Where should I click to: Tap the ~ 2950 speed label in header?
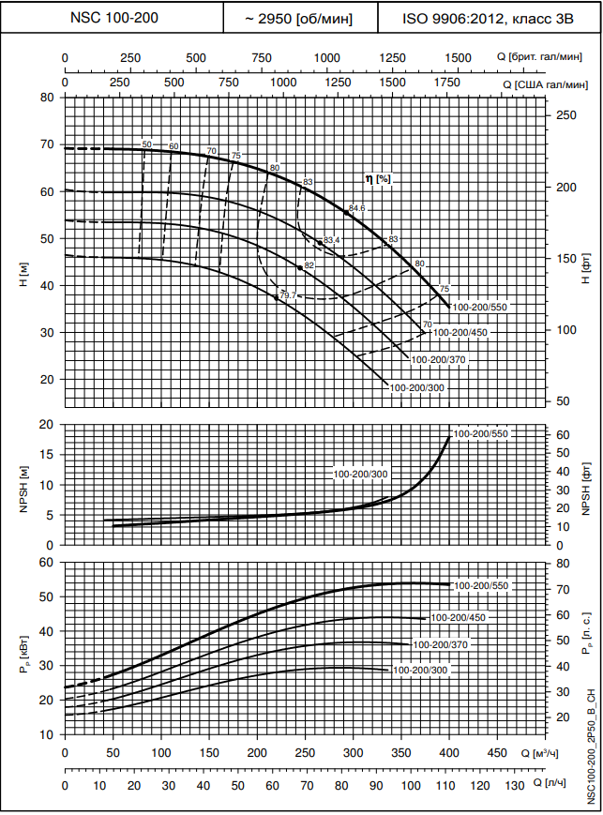click(x=299, y=18)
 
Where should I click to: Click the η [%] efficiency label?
click(x=377, y=178)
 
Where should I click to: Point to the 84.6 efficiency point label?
click(x=356, y=208)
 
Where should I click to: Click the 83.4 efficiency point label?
click(x=331, y=241)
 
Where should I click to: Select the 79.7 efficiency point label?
click(x=288, y=295)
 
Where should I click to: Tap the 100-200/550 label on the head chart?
click(x=479, y=307)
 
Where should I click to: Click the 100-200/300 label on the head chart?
click(x=415, y=386)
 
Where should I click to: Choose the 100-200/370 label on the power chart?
click(x=440, y=645)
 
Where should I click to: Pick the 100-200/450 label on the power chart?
click(x=459, y=617)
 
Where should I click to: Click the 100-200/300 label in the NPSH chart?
click(x=360, y=475)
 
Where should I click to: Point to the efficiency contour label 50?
click(x=146, y=143)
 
